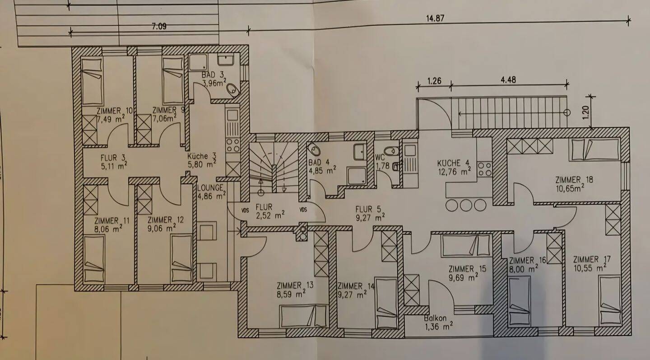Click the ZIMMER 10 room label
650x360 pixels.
click(x=108, y=111)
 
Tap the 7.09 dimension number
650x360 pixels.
click(x=159, y=26)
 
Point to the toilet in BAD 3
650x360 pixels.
click(x=232, y=90)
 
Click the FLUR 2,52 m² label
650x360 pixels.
click(x=264, y=207)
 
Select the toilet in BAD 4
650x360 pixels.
click(x=314, y=149)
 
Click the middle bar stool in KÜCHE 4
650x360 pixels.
click(x=466, y=205)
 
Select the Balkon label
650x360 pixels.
click(x=436, y=318)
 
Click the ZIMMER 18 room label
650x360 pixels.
click(x=574, y=180)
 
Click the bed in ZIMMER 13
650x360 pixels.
click(x=303, y=315)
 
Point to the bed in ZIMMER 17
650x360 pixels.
click(x=610, y=299)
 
